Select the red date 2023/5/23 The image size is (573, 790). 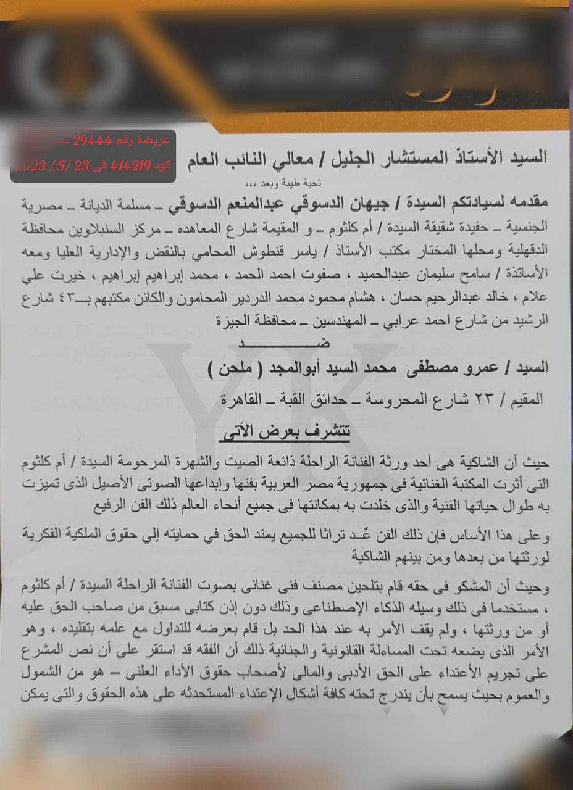point(46,165)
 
